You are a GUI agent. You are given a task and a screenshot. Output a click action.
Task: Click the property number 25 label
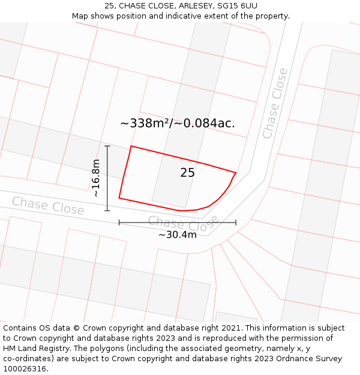(187, 173)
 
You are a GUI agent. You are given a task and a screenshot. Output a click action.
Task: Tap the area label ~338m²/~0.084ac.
(178, 124)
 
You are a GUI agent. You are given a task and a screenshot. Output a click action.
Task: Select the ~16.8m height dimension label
(96, 178)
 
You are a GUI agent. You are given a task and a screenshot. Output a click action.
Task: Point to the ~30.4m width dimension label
(178, 235)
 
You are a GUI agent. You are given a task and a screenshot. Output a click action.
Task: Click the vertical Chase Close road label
(275, 103)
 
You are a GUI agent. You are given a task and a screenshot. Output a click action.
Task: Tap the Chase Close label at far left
(48, 206)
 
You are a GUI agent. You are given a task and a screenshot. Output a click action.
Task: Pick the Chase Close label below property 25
(184, 224)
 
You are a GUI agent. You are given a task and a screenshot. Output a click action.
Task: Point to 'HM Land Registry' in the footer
(36, 349)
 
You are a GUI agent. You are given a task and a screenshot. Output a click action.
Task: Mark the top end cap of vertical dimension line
(107, 146)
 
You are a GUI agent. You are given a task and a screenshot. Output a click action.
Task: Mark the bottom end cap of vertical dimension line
(107, 211)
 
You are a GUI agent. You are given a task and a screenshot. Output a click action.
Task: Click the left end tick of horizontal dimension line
(119, 223)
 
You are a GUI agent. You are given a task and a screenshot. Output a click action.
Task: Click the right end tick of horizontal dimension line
(236, 223)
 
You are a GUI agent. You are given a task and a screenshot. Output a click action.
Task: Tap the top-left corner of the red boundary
(131, 146)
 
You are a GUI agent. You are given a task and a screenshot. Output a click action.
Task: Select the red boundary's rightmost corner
(236, 173)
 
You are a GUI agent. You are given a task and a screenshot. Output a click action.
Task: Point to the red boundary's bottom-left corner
(119, 197)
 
